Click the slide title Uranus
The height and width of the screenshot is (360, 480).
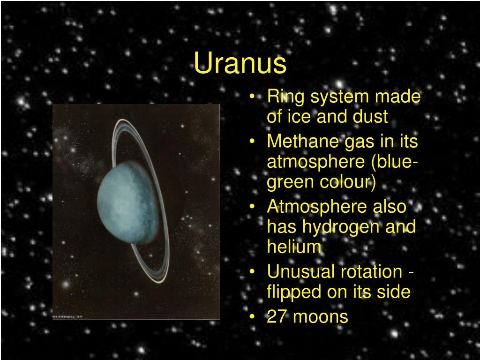tap(240, 63)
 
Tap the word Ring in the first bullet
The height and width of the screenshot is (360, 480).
tap(285, 97)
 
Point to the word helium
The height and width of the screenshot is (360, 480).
tap(294, 246)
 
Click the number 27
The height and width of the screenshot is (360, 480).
tap(277, 316)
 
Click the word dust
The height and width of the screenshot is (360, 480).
tap(370, 116)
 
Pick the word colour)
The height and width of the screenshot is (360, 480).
tap(348, 182)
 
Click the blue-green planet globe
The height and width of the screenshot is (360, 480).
tap(128, 202)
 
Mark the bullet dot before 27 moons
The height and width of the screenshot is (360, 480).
tap(252, 316)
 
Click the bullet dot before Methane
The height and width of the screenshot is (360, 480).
tap(252, 141)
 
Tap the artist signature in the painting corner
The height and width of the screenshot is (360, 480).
tap(68, 316)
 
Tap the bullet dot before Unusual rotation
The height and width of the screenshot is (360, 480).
tap(252, 271)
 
